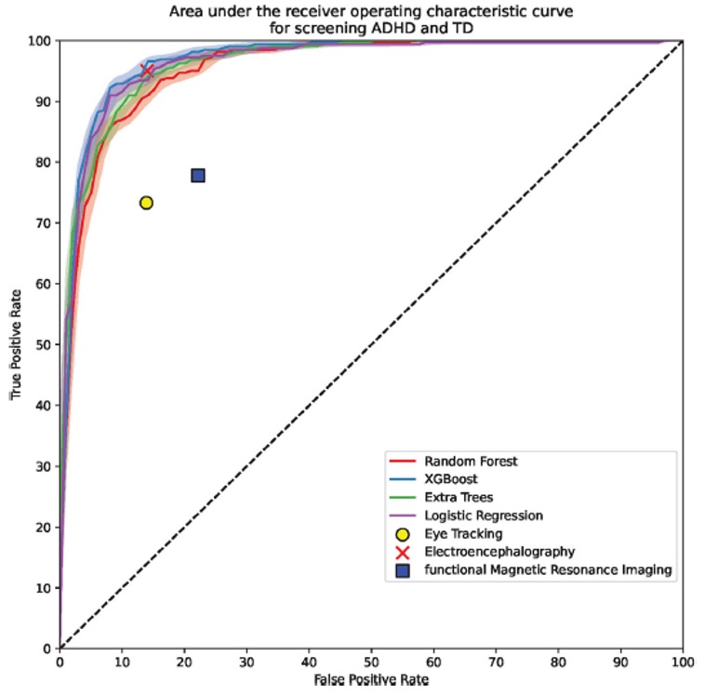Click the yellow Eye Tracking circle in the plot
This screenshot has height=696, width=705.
pyautogui.click(x=146, y=203)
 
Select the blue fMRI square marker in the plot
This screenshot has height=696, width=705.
pyautogui.click(x=198, y=176)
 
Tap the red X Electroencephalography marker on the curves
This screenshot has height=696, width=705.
pyautogui.click(x=147, y=71)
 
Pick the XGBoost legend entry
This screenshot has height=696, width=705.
pyautogui.click(x=451, y=479)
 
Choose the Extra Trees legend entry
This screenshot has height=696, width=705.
pyautogui.click(x=458, y=498)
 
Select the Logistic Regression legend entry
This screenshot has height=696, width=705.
pyautogui.click(x=483, y=515)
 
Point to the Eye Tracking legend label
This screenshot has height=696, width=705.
pyautogui.click(x=462, y=534)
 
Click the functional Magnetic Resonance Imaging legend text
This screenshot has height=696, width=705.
pyautogui.click(x=547, y=570)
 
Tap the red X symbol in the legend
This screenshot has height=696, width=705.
pyautogui.click(x=403, y=552)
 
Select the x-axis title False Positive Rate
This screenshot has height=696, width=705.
pyautogui.click(x=371, y=680)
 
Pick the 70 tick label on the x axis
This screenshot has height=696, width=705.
pyautogui.click(x=497, y=663)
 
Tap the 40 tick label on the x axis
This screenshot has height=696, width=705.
pyautogui.click(x=309, y=663)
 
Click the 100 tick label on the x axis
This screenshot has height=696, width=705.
pyautogui.click(x=683, y=663)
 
